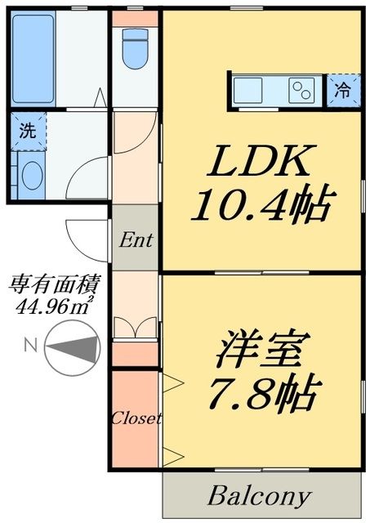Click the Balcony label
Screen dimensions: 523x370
pos(260,495)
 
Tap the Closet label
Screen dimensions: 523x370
pos(136,418)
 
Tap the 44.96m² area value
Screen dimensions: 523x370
pos(54,306)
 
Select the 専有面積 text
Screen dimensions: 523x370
pos(54,285)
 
